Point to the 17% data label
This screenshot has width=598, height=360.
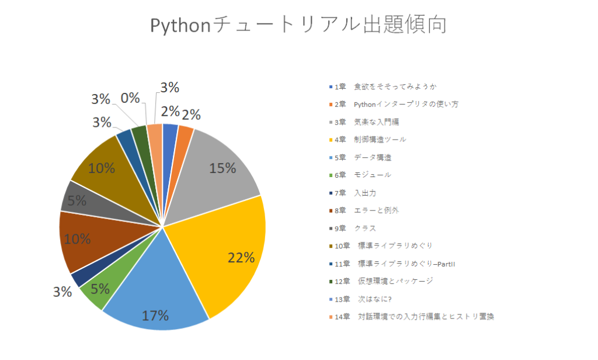(x=155, y=316)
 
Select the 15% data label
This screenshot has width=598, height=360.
(x=222, y=168)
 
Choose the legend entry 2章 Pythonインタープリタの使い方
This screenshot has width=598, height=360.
(x=395, y=104)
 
